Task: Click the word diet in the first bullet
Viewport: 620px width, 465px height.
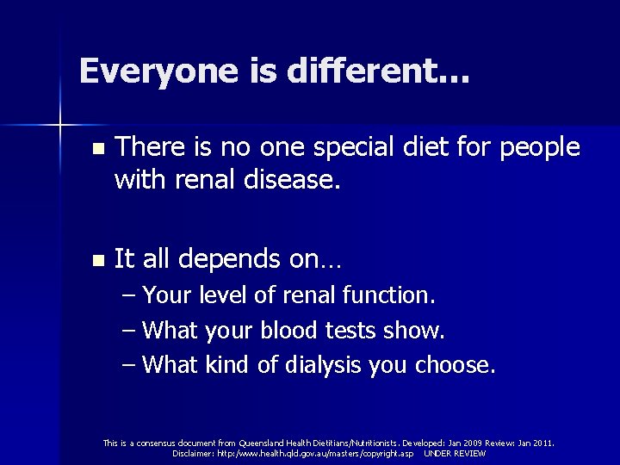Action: click(427, 147)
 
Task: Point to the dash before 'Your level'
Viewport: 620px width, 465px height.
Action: click(128, 295)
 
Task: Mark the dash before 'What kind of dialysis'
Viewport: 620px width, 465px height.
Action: click(128, 364)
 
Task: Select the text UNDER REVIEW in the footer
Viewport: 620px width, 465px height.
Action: click(455, 453)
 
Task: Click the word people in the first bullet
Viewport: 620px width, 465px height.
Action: click(539, 149)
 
